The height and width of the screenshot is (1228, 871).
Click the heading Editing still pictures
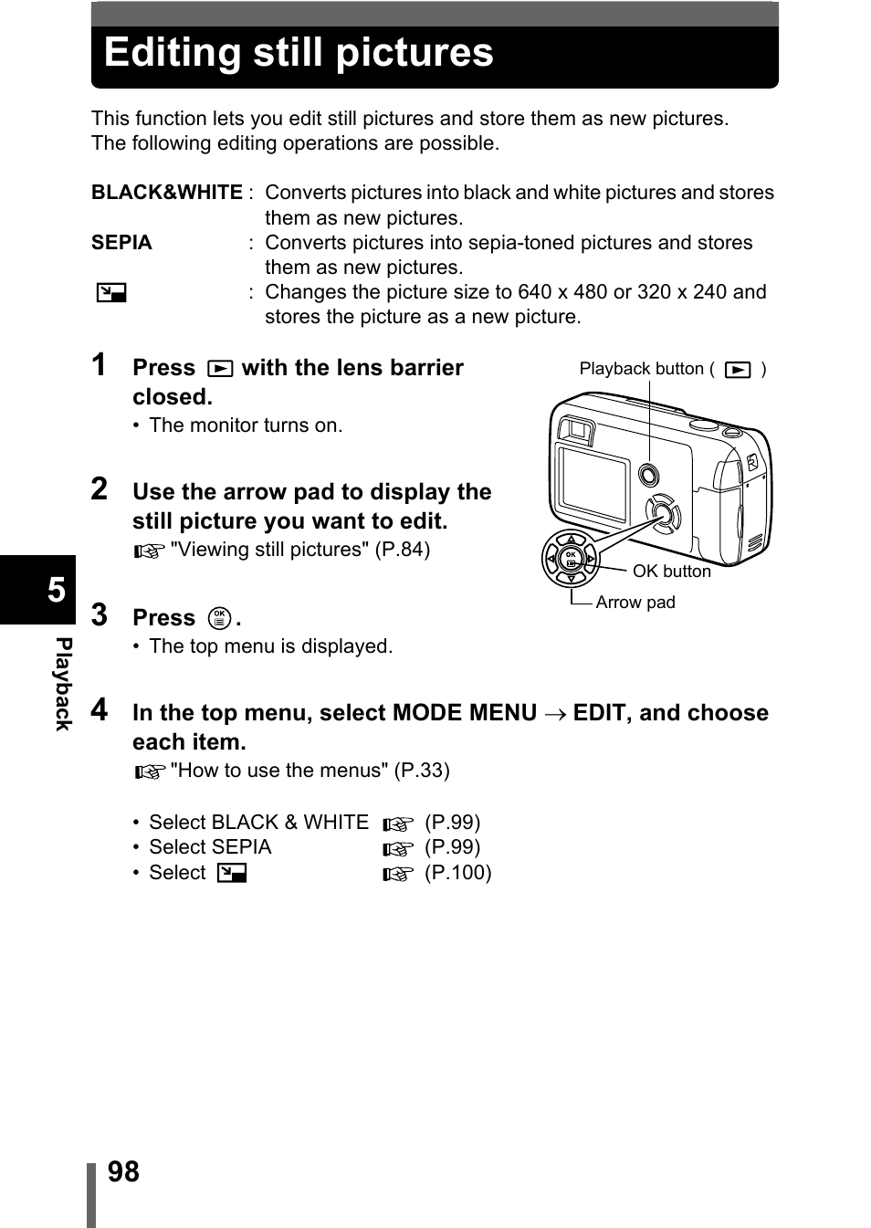(299, 53)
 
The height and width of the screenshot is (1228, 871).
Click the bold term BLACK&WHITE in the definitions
(166, 193)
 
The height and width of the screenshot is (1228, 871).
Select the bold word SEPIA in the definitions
(121, 243)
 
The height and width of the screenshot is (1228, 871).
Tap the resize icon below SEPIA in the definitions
(111, 293)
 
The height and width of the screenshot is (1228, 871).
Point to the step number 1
(99, 365)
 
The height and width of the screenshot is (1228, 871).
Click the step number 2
(99, 489)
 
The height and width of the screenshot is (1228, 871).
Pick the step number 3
(99, 615)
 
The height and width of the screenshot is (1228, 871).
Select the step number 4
(99, 709)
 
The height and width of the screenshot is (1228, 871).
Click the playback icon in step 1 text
(219, 369)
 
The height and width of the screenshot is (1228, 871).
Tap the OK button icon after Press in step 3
(219, 618)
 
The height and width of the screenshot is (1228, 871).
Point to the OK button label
(671, 572)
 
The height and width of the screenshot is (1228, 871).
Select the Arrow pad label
(635, 603)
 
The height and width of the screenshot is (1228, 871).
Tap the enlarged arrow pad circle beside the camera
(571, 558)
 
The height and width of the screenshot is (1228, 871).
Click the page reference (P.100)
(457, 873)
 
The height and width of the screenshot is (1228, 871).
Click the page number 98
(123, 1171)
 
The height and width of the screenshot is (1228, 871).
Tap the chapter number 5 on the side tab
(57, 590)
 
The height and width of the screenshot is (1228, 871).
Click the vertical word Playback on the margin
(62, 684)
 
